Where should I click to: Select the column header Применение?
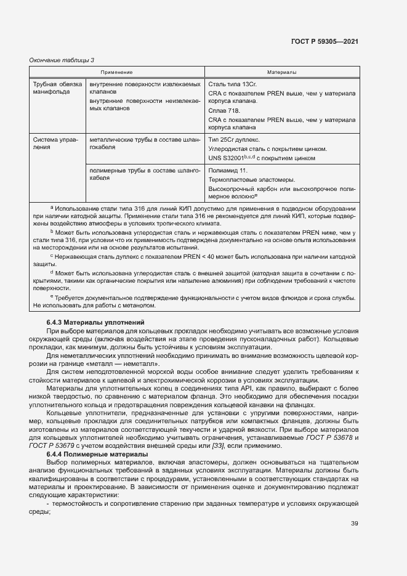(117, 72)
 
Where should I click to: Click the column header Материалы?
(282, 72)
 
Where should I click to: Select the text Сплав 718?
(224, 110)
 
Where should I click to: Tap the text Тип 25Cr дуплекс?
(234, 140)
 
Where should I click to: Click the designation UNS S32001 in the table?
(230, 158)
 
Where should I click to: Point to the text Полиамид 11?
(228, 169)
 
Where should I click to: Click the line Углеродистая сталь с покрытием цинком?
(267, 149)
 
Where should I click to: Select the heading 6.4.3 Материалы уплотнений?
(95, 322)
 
